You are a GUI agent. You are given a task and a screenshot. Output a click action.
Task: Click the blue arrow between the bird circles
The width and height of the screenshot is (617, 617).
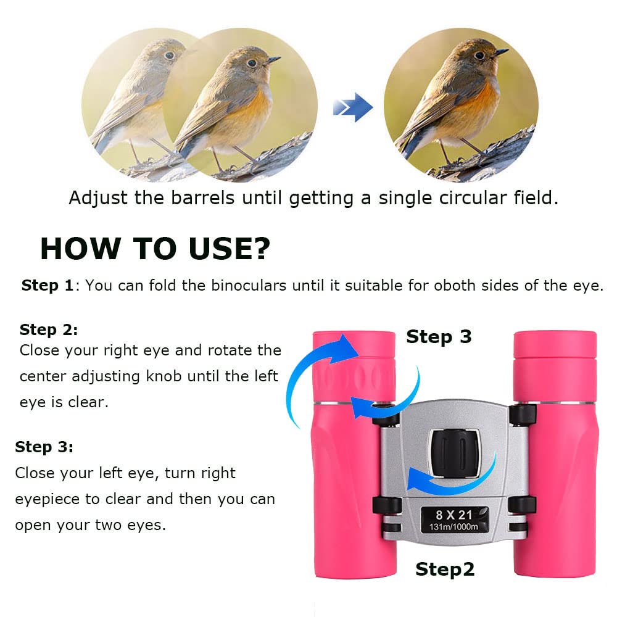(353, 109)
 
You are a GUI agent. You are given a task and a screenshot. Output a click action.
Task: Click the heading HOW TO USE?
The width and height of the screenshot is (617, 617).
(155, 249)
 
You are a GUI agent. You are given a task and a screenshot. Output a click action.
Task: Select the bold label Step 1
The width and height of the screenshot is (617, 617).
(48, 286)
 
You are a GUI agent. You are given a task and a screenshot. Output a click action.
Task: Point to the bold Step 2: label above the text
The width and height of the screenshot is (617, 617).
(49, 329)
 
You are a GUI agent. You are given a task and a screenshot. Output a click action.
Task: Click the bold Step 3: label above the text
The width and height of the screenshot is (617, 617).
(44, 447)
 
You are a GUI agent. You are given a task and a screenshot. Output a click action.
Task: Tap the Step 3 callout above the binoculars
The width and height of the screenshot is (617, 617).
(438, 337)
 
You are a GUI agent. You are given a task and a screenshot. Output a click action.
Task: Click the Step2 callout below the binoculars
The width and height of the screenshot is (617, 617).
(445, 569)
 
